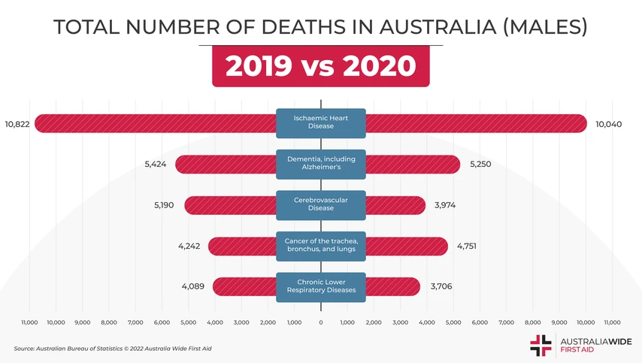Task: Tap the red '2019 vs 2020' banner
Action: pyautogui.click(x=321, y=66)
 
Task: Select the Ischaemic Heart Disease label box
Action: pyautogui.click(x=321, y=123)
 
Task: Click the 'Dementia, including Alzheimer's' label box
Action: pyautogui.click(x=321, y=164)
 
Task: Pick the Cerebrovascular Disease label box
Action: pyautogui.click(x=321, y=204)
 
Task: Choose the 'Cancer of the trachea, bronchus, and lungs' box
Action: pyautogui.click(x=321, y=245)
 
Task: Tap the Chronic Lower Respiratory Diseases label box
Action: pyautogui.click(x=321, y=286)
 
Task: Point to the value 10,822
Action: pyautogui.click(x=17, y=124)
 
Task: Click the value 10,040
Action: pyautogui.click(x=608, y=124)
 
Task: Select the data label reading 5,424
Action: pyautogui.click(x=157, y=165)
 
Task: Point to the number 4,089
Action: pyautogui.click(x=194, y=286)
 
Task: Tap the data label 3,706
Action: pyautogui.click(x=441, y=286)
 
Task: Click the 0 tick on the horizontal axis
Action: pyautogui.click(x=321, y=322)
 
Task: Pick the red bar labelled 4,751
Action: pyautogui.click(x=406, y=246)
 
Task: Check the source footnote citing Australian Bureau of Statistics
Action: pyautogui.click(x=113, y=349)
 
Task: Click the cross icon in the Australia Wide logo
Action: pyautogui.click(x=541, y=345)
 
